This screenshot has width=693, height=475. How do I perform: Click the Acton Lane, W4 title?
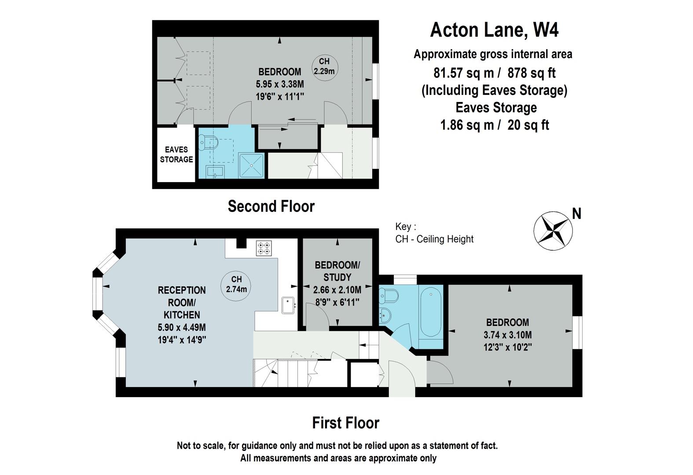[x=494, y=30]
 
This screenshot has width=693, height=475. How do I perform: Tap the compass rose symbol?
[x=553, y=231]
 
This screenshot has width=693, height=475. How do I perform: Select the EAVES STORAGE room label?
[x=176, y=154]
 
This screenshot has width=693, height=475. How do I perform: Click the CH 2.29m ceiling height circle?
[x=324, y=68]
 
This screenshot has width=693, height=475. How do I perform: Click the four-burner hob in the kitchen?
[x=264, y=248]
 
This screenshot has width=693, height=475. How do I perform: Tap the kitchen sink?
[x=288, y=305]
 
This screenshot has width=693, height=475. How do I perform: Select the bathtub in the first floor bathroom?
[x=431, y=312]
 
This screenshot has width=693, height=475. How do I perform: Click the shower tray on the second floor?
[x=251, y=166]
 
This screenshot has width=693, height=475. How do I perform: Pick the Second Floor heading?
[x=271, y=206]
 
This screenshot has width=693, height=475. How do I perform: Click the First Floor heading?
[x=345, y=423]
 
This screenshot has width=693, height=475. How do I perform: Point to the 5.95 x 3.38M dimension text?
[x=280, y=84]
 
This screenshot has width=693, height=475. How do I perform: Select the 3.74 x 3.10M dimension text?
[x=508, y=335]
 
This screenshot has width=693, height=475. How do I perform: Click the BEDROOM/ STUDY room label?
[x=337, y=271]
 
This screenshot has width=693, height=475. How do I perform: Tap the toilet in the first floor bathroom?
[x=389, y=296]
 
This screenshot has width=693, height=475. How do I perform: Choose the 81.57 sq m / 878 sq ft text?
[x=495, y=73]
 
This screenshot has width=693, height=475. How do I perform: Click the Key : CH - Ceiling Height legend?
[x=434, y=233]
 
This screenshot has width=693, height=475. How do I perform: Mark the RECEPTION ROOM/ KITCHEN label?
[x=182, y=303]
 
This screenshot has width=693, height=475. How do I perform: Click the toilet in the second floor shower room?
[x=209, y=142]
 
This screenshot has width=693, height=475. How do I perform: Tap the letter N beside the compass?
[x=577, y=214]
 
